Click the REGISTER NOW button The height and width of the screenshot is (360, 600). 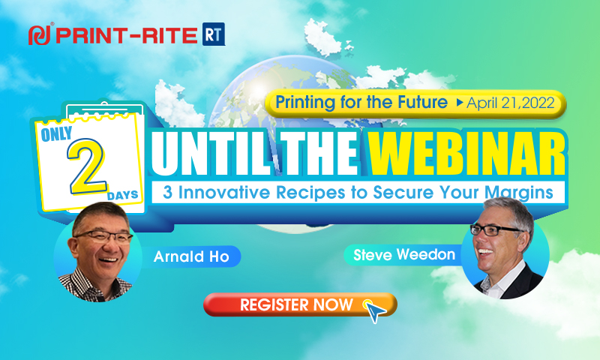point(300,305)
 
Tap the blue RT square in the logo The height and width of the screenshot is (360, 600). point(214,34)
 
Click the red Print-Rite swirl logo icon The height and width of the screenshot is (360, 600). point(40,35)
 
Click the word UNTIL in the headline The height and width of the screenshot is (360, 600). point(211,153)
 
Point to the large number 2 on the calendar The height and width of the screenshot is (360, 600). point(87,166)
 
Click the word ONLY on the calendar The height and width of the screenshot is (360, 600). point(57,134)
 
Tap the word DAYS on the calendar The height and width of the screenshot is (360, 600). point(122,196)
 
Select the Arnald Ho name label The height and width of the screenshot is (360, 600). point(191,256)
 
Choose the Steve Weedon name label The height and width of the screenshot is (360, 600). point(404,255)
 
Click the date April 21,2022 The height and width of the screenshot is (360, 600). point(511,103)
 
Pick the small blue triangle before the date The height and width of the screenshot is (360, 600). point(460,103)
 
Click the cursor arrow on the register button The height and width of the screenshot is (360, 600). point(375,311)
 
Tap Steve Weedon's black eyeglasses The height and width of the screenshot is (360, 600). point(496,230)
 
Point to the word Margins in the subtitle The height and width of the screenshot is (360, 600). point(519,193)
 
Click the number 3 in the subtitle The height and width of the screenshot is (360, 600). point(167,192)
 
